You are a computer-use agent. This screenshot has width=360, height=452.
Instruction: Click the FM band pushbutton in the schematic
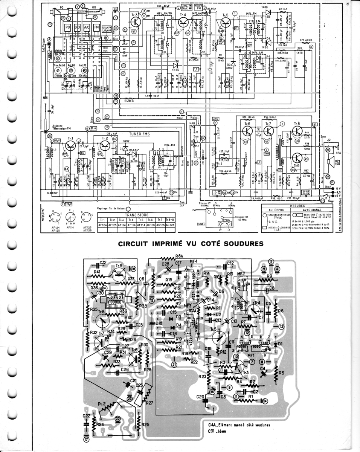point(96,28)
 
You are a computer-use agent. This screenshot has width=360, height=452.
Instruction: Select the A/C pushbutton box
point(87,28)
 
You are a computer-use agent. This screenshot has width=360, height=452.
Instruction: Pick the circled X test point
point(311,47)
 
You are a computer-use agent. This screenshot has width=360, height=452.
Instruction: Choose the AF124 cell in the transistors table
point(103,225)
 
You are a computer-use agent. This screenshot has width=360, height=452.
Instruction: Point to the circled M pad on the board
point(264,269)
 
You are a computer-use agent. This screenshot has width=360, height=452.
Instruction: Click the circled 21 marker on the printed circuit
point(174,364)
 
